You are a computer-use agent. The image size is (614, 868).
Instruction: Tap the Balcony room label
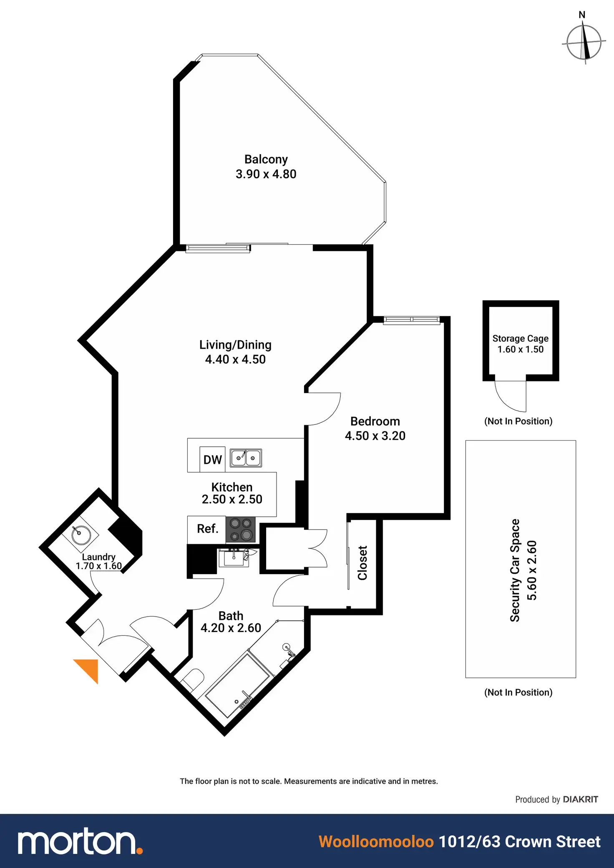(x=266, y=159)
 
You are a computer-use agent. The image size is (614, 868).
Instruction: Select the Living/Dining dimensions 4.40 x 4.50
(x=235, y=359)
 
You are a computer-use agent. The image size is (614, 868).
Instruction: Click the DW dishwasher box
(x=212, y=459)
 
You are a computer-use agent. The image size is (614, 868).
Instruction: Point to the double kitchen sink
(x=246, y=458)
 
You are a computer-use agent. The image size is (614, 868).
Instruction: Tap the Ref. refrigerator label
(x=207, y=529)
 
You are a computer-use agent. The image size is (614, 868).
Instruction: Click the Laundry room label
(x=98, y=557)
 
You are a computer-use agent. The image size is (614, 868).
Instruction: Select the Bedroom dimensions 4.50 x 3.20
(x=375, y=436)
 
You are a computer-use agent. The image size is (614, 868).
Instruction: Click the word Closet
(x=362, y=563)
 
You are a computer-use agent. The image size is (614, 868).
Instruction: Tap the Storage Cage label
(x=520, y=339)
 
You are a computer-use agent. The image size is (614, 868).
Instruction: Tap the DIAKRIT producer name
(x=580, y=799)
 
